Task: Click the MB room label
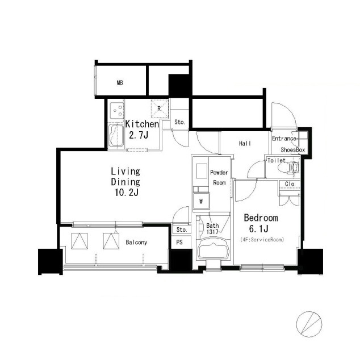click(120, 82)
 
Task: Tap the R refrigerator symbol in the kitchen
click(160, 109)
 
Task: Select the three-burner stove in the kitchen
click(117, 111)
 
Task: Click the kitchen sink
click(116, 136)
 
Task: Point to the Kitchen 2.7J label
click(142, 130)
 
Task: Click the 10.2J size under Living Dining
click(127, 193)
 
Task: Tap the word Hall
click(245, 144)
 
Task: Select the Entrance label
click(284, 139)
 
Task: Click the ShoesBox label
click(292, 150)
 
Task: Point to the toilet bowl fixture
click(293, 167)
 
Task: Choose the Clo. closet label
click(290, 184)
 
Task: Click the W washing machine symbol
click(201, 202)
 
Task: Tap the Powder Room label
click(219, 178)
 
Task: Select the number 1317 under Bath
click(212, 232)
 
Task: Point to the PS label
click(179, 243)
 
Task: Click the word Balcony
click(136, 243)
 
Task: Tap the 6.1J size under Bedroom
click(259, 229)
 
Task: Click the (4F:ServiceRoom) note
click(262, 240)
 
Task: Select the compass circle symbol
click(309, 324)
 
